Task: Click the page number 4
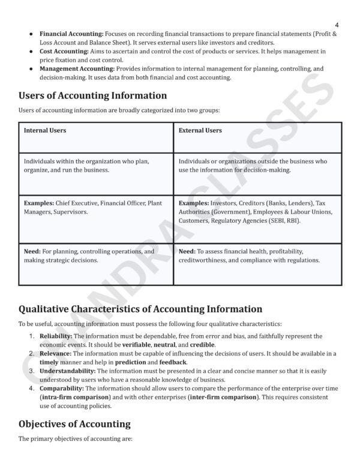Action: (337, 25)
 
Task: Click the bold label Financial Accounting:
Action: (71, 34)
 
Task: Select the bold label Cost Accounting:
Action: (64, 52)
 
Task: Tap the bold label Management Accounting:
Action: (76, 69)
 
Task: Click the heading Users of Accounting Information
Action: (92, 95)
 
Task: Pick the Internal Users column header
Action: (45, 130)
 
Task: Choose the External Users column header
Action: (200, 130)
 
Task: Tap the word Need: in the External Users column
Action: (187, 251)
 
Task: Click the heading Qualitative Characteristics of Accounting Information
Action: (140, 309)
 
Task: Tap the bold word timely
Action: (49, 362)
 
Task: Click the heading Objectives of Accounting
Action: (74, 424)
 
